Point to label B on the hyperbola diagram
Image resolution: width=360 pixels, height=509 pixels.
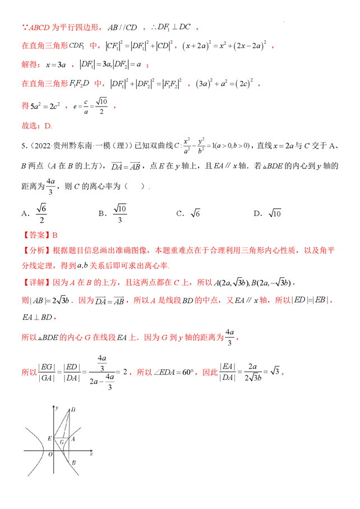click(x=73, y=461)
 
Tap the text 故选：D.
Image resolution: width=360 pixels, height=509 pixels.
click(x=36, y=126)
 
